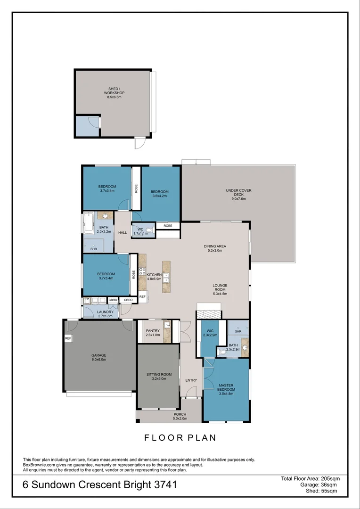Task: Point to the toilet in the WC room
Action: point(149,230)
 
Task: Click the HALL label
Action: point(123,233)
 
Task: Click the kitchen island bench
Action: point(166,277)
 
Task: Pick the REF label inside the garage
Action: point(68,338)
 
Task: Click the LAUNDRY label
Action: point(105,314)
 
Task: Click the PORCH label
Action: point(180,416)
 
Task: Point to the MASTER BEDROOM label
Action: point(226,387)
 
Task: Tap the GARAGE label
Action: point(98,357)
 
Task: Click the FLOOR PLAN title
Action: point(180,438)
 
